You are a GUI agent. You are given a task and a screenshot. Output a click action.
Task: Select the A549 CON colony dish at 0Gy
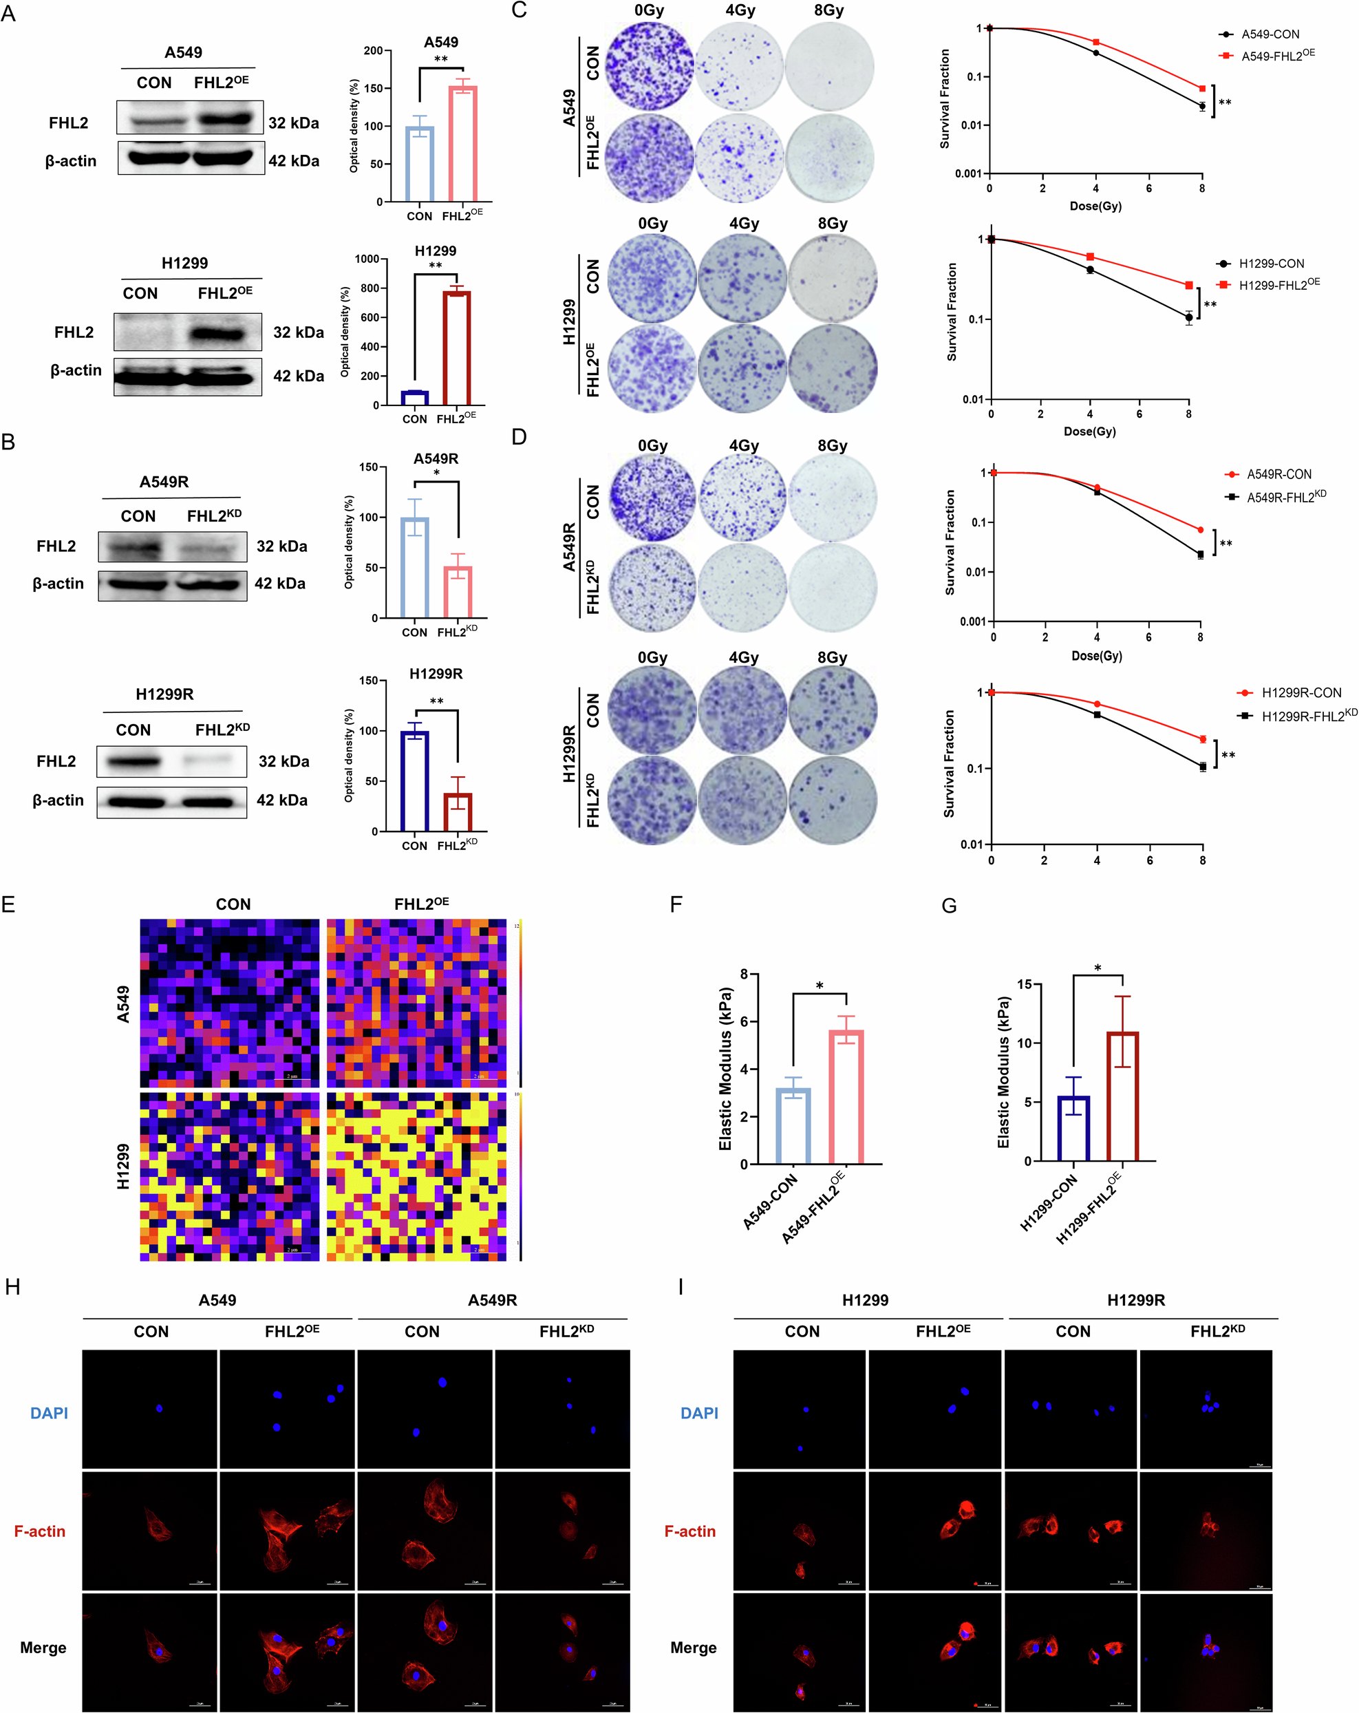coord(650,66)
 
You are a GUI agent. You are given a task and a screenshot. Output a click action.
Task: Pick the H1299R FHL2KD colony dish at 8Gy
coord(833,800)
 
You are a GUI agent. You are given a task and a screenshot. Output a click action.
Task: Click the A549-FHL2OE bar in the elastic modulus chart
coord(846,1097)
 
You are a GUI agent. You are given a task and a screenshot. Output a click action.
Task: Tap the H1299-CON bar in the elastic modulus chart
coord(1073,1128)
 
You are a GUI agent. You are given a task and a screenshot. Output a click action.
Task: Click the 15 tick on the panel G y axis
coord(1025,984)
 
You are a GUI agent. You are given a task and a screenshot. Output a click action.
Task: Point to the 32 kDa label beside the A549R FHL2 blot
coord(281,546)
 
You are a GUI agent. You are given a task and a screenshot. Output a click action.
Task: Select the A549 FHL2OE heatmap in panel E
coord(416,1003)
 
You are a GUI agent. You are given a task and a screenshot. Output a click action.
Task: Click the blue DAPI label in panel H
coord(48,1413)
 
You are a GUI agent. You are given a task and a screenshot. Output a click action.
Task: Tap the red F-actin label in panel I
coord(689,1531)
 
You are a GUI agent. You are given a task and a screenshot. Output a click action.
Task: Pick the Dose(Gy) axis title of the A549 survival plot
coord(1095,206)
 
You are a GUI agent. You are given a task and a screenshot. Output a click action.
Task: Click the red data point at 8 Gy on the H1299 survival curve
coord(1188,285)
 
